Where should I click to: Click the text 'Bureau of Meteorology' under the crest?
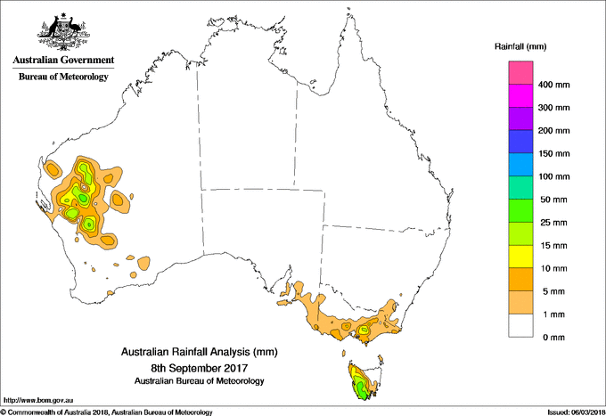[62, 77]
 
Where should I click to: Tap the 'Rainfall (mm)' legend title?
[520, 45]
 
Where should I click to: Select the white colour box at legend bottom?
[520, 326]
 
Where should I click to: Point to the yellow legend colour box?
[520, 257]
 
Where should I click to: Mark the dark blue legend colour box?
[520, 143]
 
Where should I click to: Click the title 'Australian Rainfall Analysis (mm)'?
[197, 352]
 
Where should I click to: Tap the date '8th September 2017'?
[197, 367]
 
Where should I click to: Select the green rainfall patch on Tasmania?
[360, 388]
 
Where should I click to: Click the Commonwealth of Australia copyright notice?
[107, 412]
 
